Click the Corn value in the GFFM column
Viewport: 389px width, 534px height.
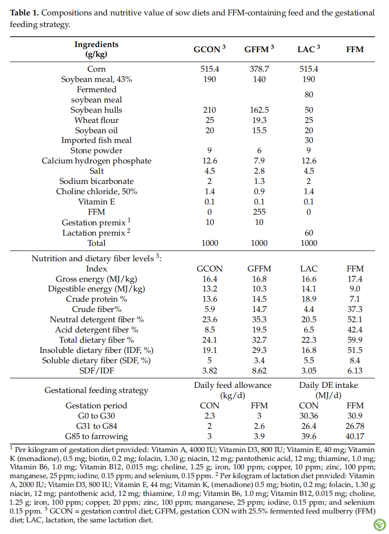[259, 69]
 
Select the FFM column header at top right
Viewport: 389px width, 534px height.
[355, 49]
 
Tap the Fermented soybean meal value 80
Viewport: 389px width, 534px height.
[309, 95]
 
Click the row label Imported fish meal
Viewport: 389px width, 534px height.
[96, 140]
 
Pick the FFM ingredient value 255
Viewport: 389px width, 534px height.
[259, 212]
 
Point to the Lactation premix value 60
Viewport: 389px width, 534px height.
[309, 233]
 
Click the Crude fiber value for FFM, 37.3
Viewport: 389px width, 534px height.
[355, 309]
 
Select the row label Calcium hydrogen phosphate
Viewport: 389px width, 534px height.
[96, 161]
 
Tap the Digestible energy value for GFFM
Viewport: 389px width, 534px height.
[259, 289]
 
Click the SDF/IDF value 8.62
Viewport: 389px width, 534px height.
[259, 371]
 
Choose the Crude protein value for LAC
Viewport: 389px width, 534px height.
[309, 299]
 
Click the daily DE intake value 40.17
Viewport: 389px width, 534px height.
[355, 437]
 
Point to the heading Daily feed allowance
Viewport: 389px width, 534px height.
[233, 385]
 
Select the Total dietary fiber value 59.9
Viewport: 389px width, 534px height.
[355, 340]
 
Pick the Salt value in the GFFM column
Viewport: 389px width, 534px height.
[259, 171]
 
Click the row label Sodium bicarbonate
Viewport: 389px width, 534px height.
[96, 181]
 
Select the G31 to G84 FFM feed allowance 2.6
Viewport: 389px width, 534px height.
[259, 426]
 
